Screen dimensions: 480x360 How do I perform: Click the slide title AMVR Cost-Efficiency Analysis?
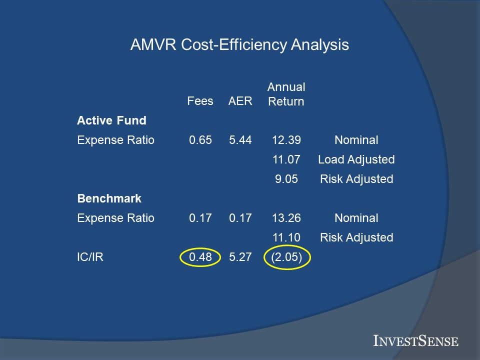tap(239, 44)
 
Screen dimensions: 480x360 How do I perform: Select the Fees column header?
tap(200, 101)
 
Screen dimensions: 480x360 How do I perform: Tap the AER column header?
tap(240, 101)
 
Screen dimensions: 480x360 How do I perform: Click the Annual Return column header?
tap(286, 94)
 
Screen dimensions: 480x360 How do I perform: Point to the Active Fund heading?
tap(111, 120)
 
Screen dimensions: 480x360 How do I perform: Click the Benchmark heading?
tap(109, 198)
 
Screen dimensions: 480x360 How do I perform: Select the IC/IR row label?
tap(90, 257)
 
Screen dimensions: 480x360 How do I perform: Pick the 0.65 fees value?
tap(200, 140)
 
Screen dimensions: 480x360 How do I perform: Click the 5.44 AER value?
tap(240, 140)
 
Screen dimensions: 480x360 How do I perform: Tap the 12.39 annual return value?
tap(286, 140)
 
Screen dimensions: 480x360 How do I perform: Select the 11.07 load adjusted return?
tap(286, 159)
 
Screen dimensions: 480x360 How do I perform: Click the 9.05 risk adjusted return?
tap(286, 179)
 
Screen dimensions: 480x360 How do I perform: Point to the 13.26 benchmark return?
tap(286, 218)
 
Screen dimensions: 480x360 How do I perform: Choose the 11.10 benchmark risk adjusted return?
tap(286, 237)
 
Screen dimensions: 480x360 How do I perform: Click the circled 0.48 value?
tap(200, 257)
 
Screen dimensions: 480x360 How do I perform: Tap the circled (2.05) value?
tap(287, 257)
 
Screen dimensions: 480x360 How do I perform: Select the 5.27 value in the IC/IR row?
tap(240, 257)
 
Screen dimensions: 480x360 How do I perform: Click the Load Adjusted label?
tap(356, 159)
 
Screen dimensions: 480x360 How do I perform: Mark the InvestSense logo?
tap(415, 340)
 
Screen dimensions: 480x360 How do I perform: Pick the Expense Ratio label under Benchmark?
tap(115, 218)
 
